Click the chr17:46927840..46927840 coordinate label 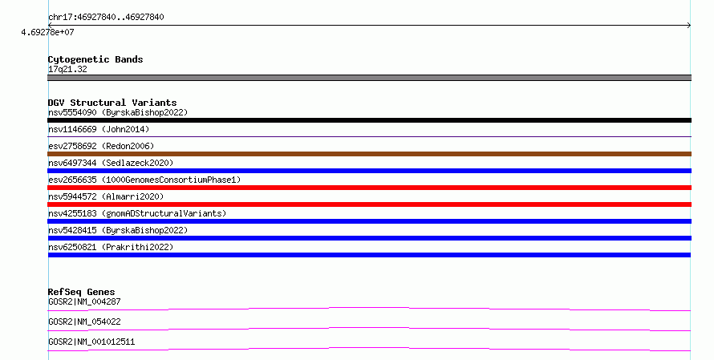(106, 18)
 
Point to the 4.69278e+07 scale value (47, 32)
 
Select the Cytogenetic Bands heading (95, 59)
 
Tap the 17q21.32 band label (67, 69)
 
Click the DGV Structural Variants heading (112, 103)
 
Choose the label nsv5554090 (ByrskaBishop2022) (118, 112)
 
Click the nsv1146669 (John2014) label (99, 129)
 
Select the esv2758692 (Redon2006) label (101, 146)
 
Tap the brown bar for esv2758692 (369, 154)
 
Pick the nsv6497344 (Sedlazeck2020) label (111, 163)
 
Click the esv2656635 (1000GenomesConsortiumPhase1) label (144, 180)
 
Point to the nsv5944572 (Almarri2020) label (106, 196)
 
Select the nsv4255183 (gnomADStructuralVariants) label (137, 213)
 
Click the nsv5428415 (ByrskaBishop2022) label (118, 230)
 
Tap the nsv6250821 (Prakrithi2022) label (111, 247)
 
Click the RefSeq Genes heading (82, 292)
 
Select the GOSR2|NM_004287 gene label (84, 301)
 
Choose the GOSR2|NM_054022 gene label (84, 322)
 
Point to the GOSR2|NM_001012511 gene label (91, 342)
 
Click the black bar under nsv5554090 (369, 120)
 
